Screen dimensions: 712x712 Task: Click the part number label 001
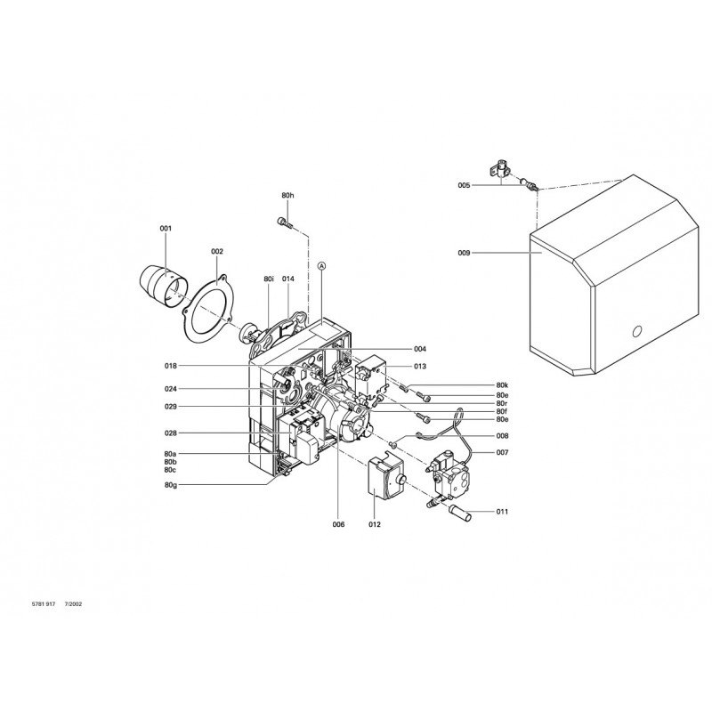tap(166, 229)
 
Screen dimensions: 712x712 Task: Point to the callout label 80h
tap(287, 195)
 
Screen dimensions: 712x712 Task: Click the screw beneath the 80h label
tap(285, 222)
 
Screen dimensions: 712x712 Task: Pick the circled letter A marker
tap(321, 265)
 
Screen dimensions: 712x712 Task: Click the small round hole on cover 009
tap(637, 331)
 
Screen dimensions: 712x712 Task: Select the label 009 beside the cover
tap(464, 253)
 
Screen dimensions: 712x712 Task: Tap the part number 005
tap(464, 185)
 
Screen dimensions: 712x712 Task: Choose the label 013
tap(420, 366)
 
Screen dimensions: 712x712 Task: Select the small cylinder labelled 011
tap(460, 512)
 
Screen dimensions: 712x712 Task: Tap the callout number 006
tap(338, 524)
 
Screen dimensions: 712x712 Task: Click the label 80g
tap(171, 485)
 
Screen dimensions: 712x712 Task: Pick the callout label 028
tap(171, 433)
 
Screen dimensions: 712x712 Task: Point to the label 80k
tap(502, 385)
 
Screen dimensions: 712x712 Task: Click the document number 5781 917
tap(44, 604)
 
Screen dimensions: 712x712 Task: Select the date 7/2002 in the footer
tap(74, 604)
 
